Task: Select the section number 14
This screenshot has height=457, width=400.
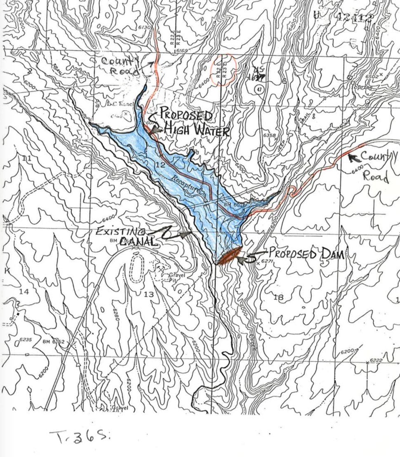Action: [24, 292]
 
